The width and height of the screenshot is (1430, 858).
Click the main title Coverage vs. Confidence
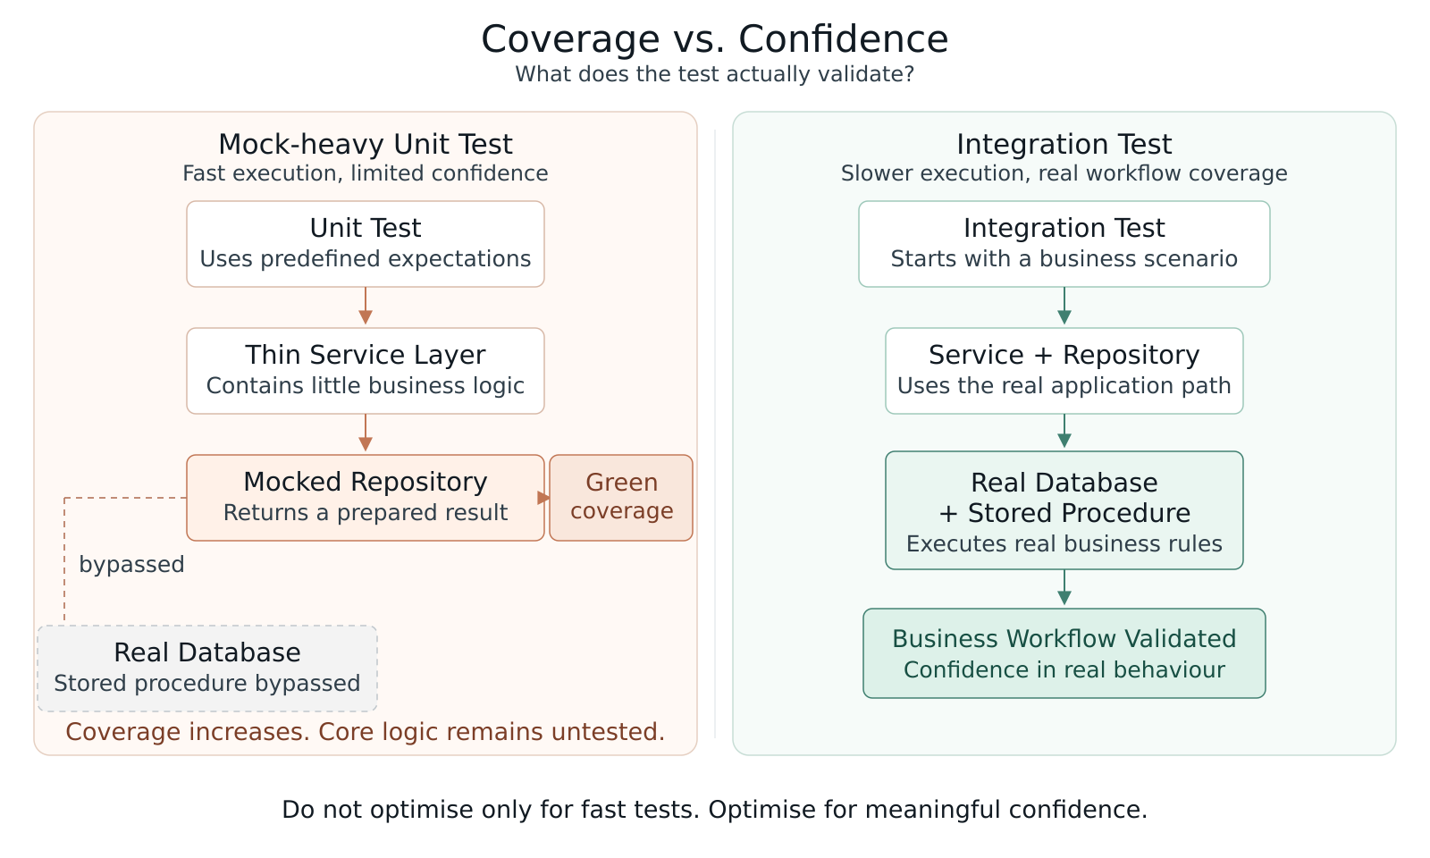714,39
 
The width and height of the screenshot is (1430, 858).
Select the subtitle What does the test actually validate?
714,75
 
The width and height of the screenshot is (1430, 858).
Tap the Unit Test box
366,244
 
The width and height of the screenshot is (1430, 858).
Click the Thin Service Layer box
366,371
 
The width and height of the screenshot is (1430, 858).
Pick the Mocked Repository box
366,498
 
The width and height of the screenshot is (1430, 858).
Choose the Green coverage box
621,498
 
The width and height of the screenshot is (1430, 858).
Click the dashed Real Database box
207,669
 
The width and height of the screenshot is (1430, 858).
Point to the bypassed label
131,564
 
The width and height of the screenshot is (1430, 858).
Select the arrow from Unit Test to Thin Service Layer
366,306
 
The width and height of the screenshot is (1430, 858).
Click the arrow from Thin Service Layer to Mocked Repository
366,433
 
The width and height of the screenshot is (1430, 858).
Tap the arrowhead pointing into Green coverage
543,498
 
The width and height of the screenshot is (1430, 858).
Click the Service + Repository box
1064,371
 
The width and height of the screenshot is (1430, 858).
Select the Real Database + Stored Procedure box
1064,510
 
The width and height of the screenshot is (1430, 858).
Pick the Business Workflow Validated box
1064,653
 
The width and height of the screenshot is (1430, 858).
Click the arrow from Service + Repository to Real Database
1064,431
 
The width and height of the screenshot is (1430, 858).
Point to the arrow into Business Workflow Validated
1064,587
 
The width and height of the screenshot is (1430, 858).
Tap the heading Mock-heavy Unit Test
366,144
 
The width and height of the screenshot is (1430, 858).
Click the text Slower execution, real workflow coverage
1064,173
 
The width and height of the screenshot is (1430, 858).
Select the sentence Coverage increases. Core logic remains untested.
366,732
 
